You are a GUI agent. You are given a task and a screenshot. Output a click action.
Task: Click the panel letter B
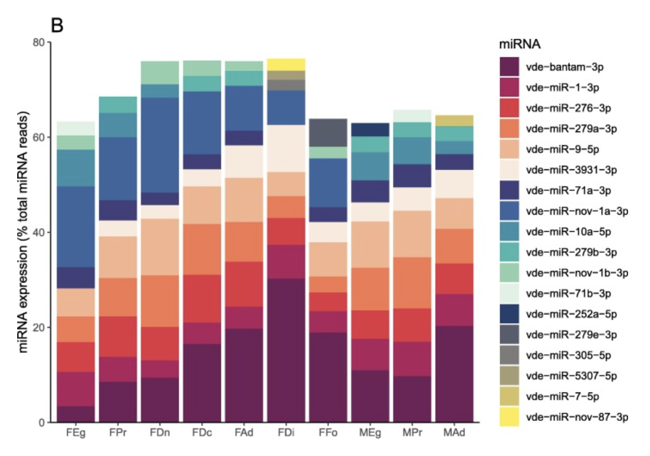pyautogui.click(x=57, y=25)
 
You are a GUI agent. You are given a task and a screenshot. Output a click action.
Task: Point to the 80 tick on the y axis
pyautogui.click(x=39, y=43)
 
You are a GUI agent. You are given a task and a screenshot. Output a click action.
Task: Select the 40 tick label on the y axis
pyautogui.click(x=39, y=232)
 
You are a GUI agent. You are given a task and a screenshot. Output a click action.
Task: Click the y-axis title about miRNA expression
pyautogui.click(x=23, y=232)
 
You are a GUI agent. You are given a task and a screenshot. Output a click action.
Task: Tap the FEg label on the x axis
pyautogui.click(x=76, y=433)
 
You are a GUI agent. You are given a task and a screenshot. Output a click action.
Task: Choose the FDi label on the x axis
pyautogui.click(x=286, y=433)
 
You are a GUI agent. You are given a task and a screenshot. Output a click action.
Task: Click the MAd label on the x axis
pyautogui.click(x=454, y=433)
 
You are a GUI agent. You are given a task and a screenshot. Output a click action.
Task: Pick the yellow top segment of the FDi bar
pyautogui.click(x=286, y=65)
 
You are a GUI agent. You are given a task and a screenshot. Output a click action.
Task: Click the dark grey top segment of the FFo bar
pyautogui.click(x=328, y=132)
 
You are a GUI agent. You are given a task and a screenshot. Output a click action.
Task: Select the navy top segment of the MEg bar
pyautogui.click(x=370, y=130)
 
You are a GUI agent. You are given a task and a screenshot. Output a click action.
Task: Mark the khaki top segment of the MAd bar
pyautogui.click(x=454, y=120)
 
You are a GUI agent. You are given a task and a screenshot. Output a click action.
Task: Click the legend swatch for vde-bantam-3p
pyautogui.click(x=509, y=67)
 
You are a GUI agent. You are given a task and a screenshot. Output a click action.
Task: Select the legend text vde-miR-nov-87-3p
pyautogui.click(x=577, y=417)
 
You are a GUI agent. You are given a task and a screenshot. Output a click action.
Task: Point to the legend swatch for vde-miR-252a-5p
pyautogui.click(x=509, y=314)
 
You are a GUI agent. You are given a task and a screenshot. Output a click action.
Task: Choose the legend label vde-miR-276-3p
pyautogui.click(x=568, y=108)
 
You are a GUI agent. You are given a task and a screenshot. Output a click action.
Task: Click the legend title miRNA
pyautogui.click(x=520, y=44)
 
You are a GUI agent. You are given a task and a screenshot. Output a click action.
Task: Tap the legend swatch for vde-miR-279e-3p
pyautogui.click(x=509, y=335)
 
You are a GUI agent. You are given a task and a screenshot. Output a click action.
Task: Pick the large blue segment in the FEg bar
pyautogui.click(x=76, y=227)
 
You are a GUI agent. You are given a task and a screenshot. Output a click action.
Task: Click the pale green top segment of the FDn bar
pyautogui.click(x=160, y=73)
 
